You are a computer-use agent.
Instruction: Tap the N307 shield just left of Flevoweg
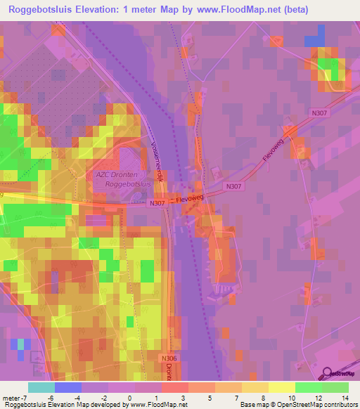(156, 204)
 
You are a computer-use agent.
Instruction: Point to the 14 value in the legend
(344, 398)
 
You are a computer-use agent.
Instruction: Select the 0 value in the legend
(130, 398)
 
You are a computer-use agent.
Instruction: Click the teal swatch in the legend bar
(41, 387)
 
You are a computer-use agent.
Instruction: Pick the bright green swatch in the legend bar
(309, 387)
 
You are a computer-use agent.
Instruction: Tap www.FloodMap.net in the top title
(254, 10)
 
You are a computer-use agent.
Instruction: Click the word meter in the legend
(12, 398)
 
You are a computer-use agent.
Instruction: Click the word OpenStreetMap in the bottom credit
(296, 405)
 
